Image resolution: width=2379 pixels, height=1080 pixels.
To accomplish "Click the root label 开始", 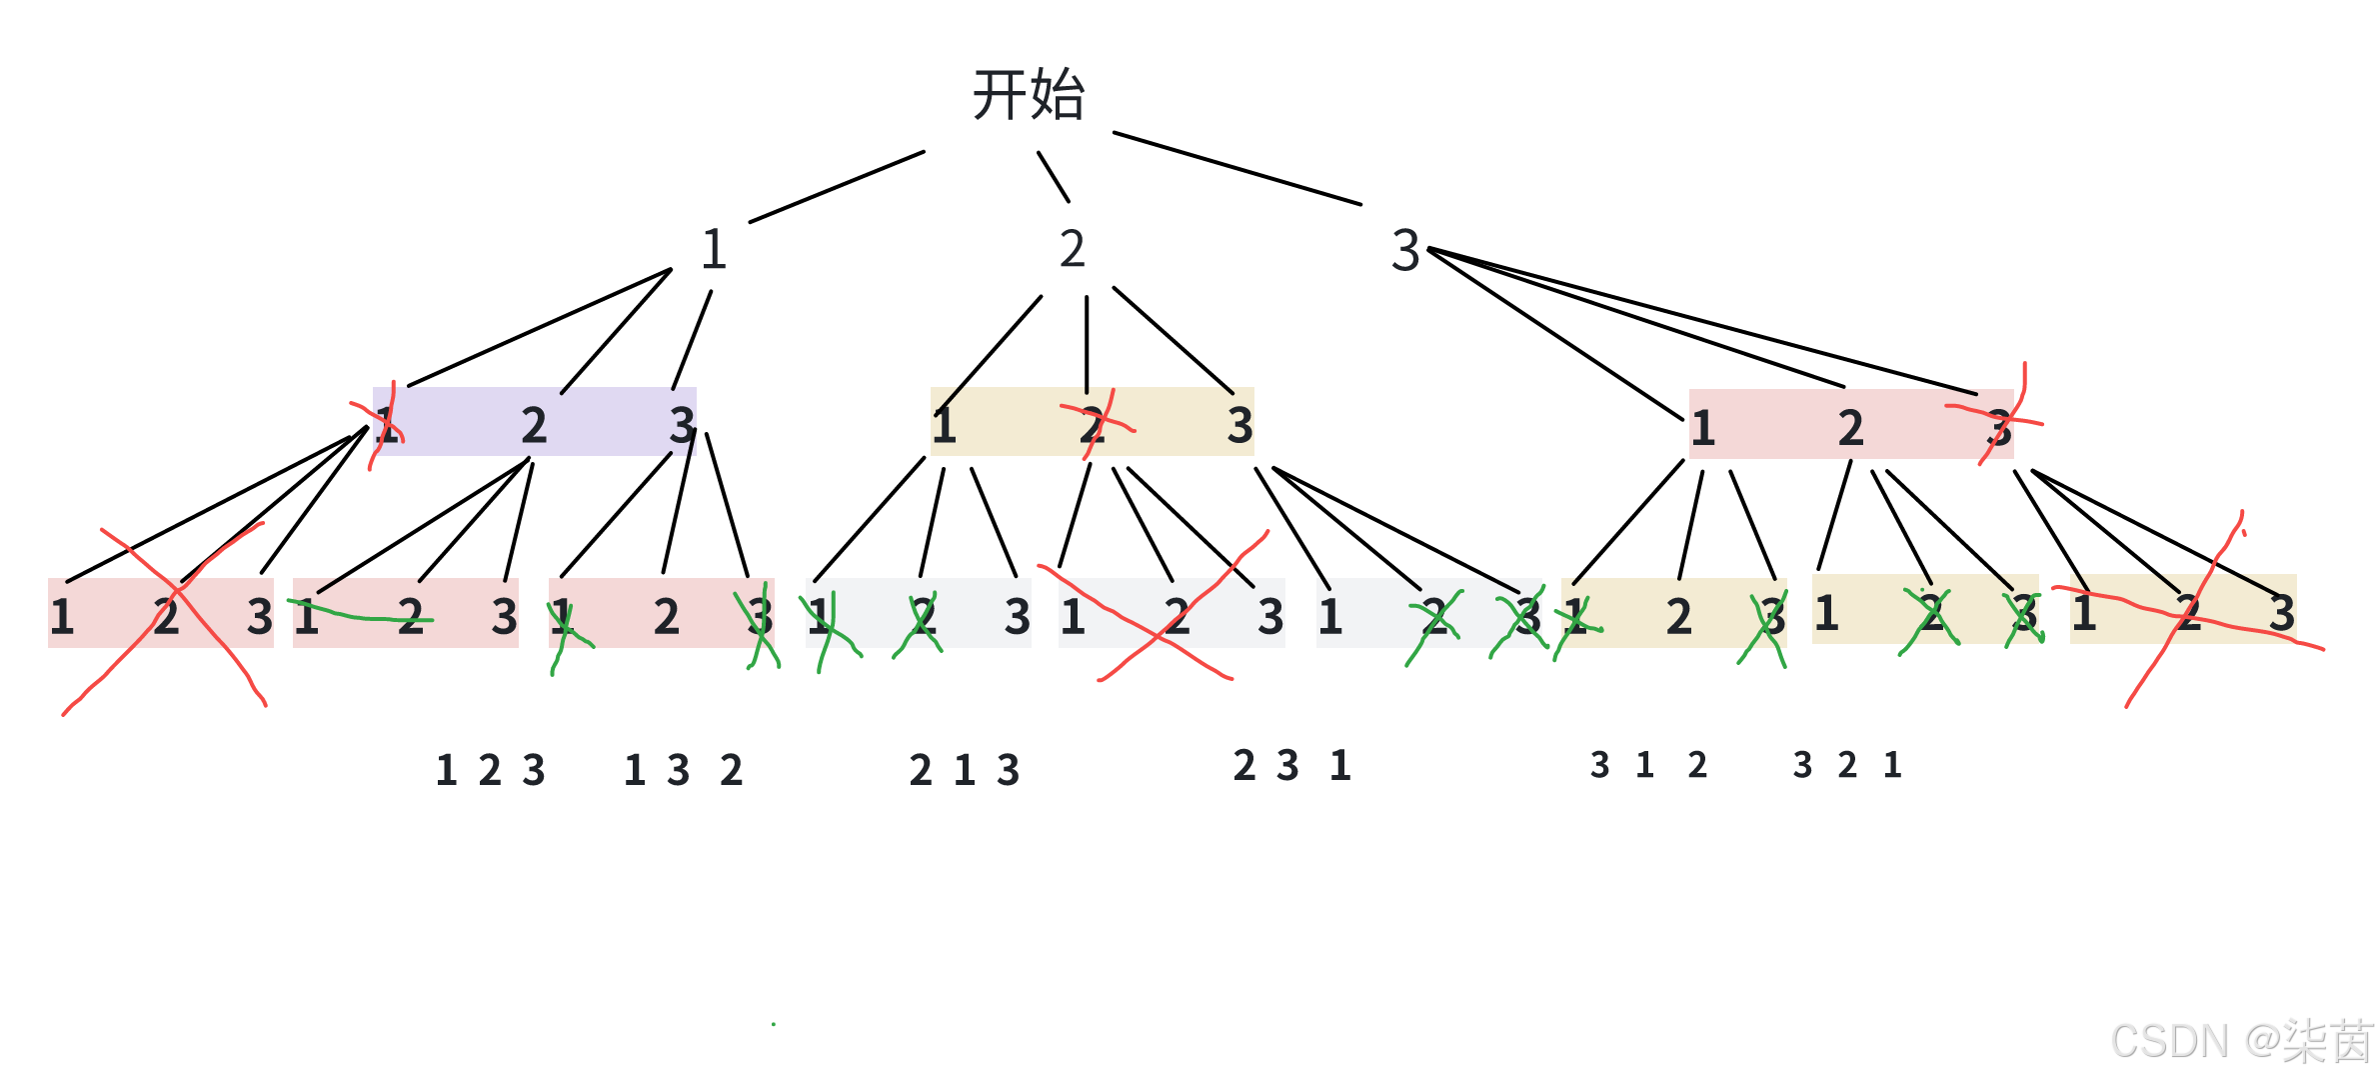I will tap(1029, 96).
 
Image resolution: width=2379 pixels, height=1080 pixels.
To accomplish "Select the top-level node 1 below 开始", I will tap(713, 249).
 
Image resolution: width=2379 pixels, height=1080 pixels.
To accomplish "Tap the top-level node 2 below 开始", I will tap(1073, 249).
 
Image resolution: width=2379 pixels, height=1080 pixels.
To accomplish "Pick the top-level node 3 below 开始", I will tap(1405, 250).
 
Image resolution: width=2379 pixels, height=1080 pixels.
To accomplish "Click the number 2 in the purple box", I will tap(534, 426).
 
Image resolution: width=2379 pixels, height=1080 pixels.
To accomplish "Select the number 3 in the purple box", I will tap(682, 426).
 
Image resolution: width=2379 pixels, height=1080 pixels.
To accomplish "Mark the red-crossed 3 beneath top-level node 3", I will tap(1998, 428).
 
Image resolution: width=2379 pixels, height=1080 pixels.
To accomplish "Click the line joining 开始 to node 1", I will tap(837, 187).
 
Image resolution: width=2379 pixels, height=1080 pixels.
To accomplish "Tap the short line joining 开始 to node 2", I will tap(1054, 177).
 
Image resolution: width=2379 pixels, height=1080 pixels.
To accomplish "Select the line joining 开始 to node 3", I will tap(1237, 168).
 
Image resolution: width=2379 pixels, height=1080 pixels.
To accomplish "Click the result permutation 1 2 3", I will tap(490, 770).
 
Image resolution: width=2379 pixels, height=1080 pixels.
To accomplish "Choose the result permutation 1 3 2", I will tap(683, 770).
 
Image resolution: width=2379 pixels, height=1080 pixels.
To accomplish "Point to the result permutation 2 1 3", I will tap(964, 770).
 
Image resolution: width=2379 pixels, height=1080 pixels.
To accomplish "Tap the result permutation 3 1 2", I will tap(1648, 765).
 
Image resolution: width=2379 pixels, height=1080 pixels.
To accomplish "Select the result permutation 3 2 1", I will tap(1846, 765).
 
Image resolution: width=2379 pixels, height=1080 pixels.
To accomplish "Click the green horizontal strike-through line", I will tap(360, 614).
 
